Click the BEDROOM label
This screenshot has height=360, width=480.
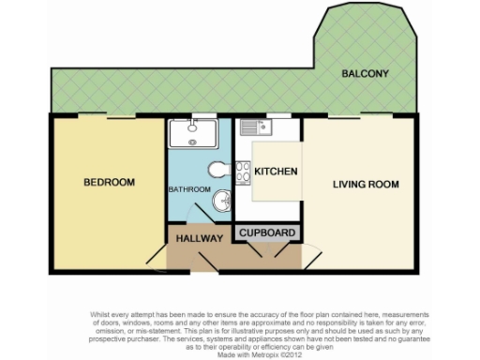(109, 182)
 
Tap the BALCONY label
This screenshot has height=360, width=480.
(366, 73)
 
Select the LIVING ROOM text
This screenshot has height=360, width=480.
(367, 184)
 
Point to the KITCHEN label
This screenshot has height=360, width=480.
(277, 172)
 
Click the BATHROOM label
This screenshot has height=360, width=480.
(189, 189)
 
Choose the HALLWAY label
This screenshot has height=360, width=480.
(199, 239)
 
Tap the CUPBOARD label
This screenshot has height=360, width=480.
(268, 232)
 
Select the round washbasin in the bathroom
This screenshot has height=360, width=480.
(223, 200)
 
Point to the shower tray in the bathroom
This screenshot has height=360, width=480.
(193, 133)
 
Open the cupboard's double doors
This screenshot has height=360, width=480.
(268, 250)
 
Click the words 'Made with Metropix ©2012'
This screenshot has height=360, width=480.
(240, 354)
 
